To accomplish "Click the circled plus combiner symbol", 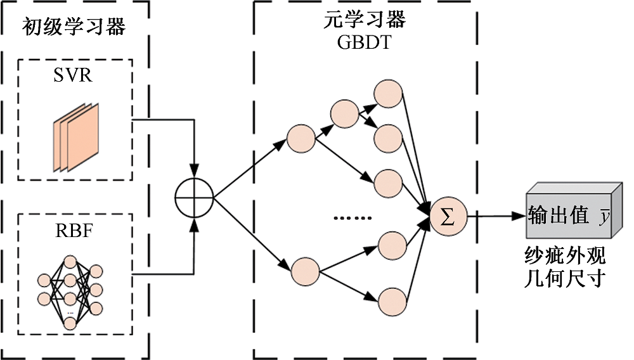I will (193, 199).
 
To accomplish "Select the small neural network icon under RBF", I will (70, 292).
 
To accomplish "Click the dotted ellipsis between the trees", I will (352, 218).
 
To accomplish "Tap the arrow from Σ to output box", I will (495, 216).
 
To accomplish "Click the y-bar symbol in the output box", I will (605, 217).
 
